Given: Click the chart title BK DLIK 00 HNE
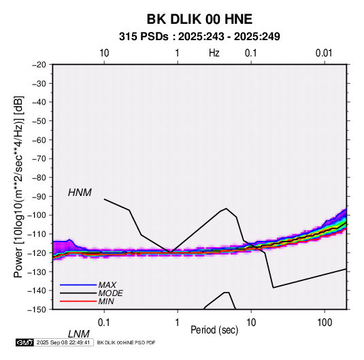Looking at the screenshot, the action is (x=199, y=19).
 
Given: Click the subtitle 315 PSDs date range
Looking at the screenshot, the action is (x=199, y=37).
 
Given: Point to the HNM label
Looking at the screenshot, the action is (x=80, y=193).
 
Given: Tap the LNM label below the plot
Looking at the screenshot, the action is (x=79, y=334).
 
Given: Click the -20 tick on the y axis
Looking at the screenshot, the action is (x=39, y=65).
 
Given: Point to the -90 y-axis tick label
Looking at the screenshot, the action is (x=39, y=197).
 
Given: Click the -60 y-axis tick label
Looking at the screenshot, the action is (x=39, y=140).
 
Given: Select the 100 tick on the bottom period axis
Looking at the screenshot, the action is (x=325, y=323).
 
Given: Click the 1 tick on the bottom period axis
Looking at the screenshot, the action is (x=177, y=323).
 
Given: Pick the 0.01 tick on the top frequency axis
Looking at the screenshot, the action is (x=324, y=53).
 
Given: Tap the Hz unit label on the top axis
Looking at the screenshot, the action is (x=214, y=53).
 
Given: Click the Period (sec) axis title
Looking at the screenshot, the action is (x=214, y=330).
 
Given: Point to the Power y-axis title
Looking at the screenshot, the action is (x=18, y=187).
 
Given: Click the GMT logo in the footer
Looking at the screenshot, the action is (x=24, y=342).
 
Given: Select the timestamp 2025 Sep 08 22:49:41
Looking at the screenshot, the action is (x=63, y=342).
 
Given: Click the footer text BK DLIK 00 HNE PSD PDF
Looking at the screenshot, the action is (x=126, y=342).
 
